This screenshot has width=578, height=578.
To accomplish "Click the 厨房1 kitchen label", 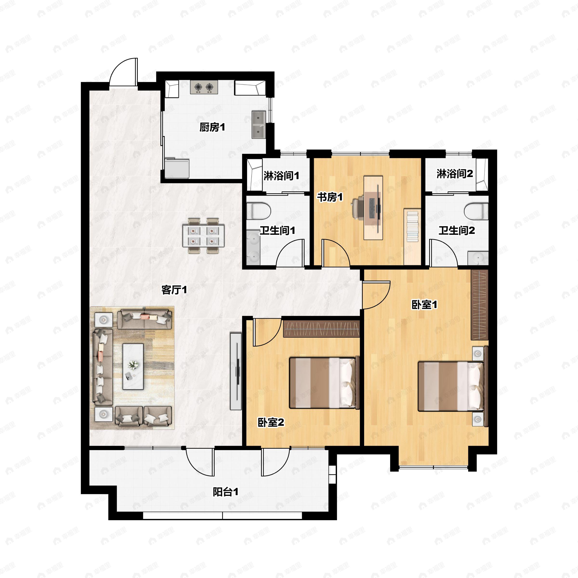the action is (x=212, y=127).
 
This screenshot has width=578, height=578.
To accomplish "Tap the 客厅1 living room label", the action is (x=174, y=289).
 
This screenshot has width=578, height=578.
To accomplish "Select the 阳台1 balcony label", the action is (x=226, y=492).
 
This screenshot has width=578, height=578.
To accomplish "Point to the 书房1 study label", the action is (x=330, y=197).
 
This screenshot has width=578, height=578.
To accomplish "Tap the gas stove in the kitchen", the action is (x=204, y=87).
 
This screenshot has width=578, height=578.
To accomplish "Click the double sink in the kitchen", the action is (x=258, y=125).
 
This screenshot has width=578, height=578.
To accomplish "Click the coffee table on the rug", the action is (x=133, y=367).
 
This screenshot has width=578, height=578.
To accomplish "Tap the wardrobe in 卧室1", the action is (x=479, y=305).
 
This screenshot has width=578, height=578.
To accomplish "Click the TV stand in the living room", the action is (x=236, y=371).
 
